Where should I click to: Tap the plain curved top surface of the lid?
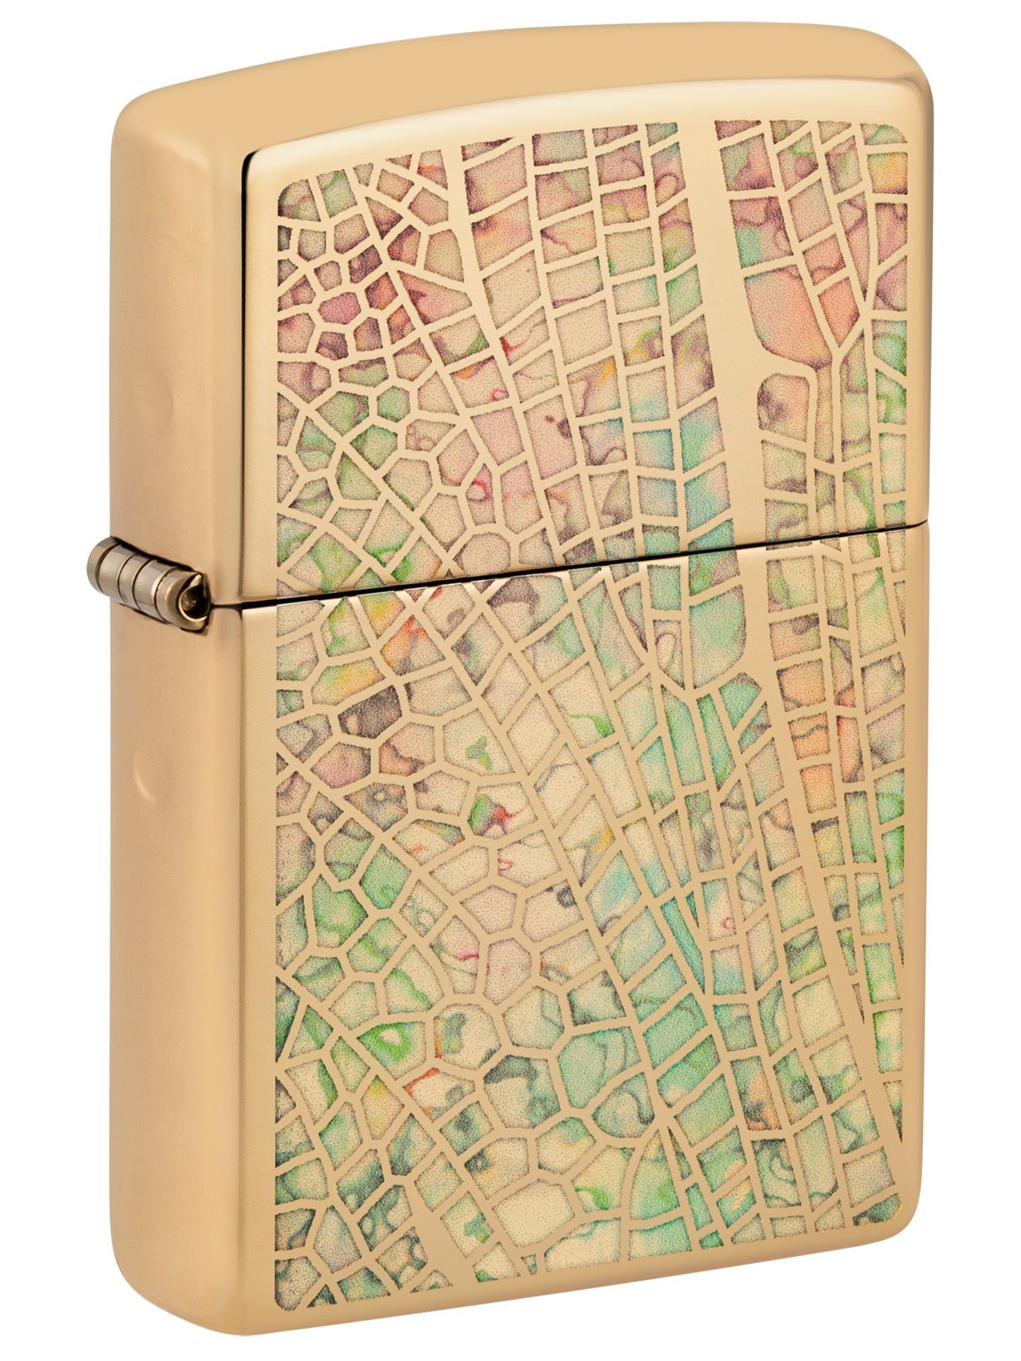pyautogui.click(x=517, y=75)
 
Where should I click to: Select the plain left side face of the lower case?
pyautogui.click(x=184, y=953)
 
